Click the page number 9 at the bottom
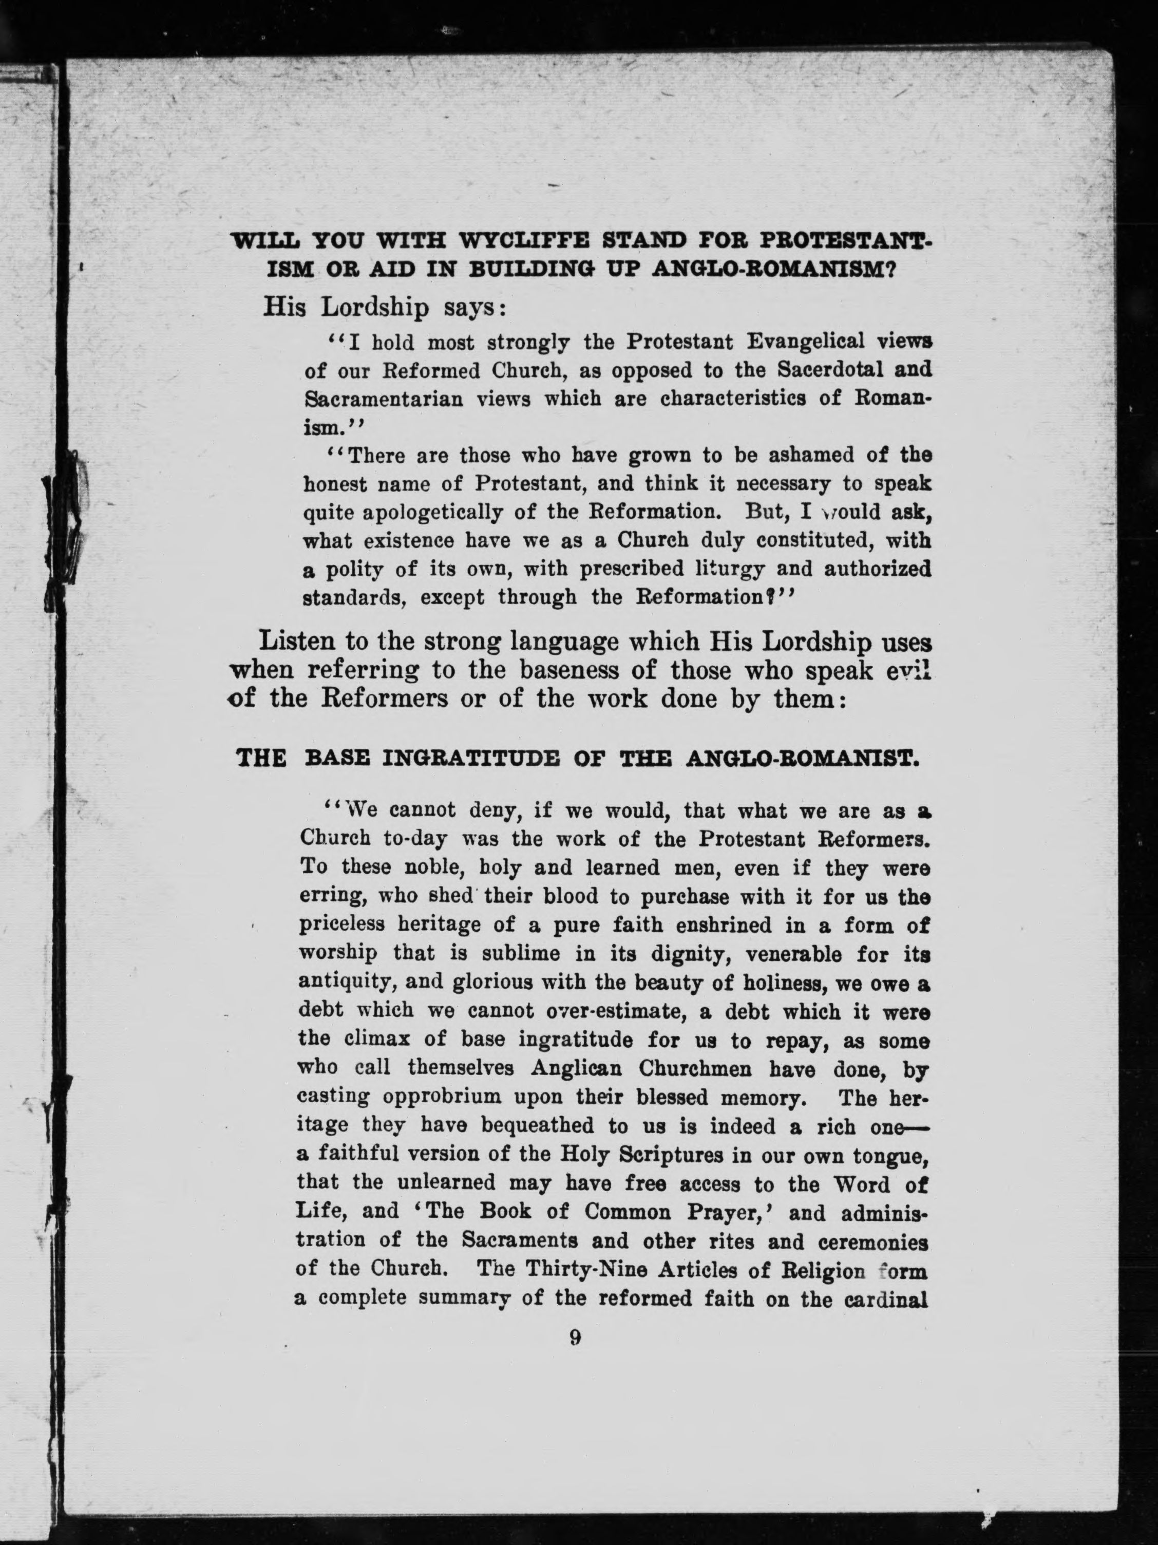pos(575,1337)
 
